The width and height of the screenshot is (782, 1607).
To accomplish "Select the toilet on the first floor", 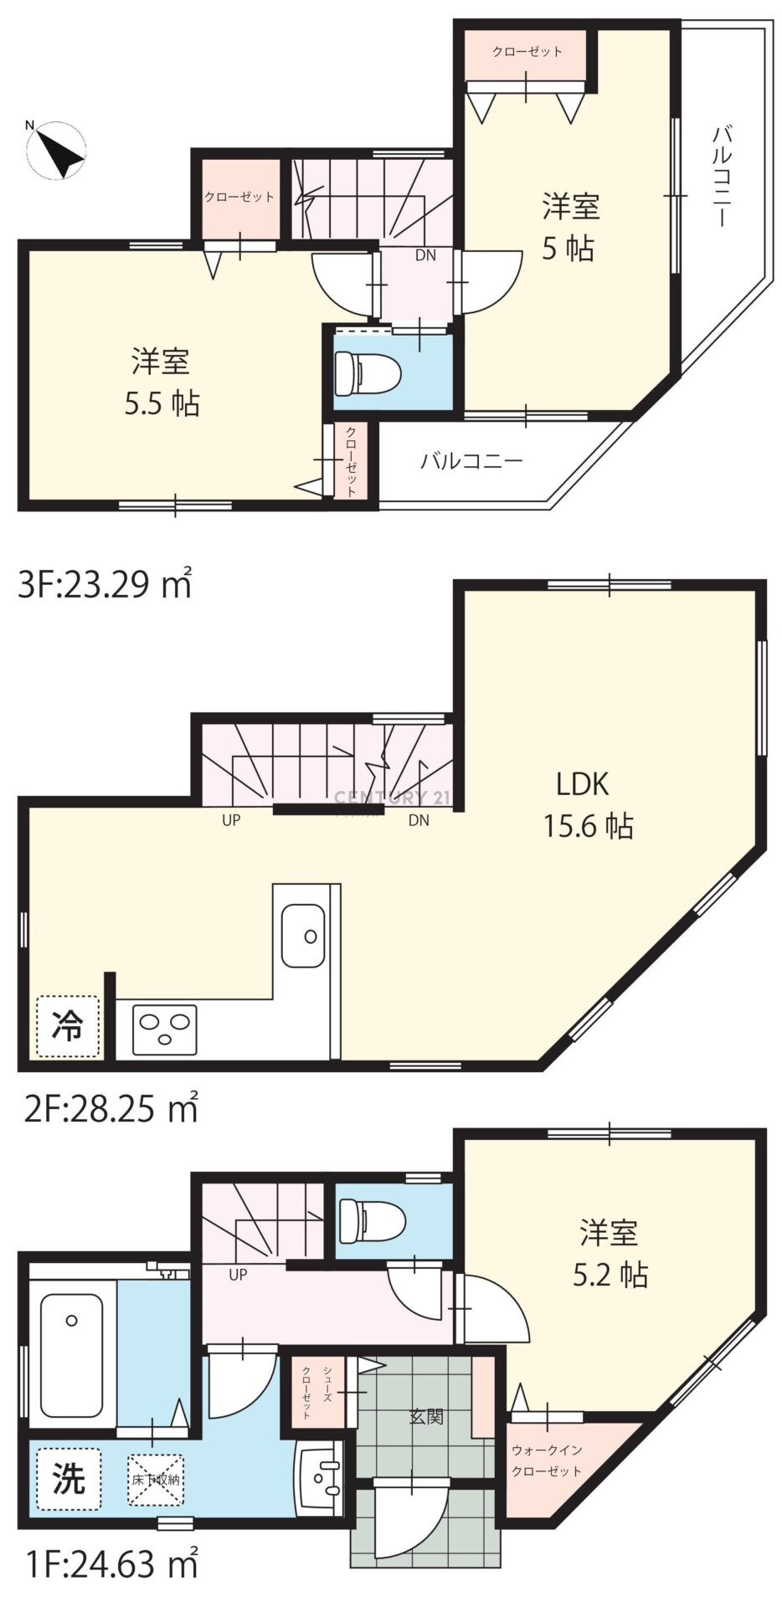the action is [371, 1222].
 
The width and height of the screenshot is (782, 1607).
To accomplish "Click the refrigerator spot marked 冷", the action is [67, 1026].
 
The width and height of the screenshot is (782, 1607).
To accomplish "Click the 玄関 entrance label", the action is [426, 1417].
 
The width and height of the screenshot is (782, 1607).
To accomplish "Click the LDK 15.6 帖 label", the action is [589, 805].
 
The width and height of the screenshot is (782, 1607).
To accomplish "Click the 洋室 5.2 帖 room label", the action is [610, 1254].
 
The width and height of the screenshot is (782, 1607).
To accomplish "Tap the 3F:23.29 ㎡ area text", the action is [105, 583].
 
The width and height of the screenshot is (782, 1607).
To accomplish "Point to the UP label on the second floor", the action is [231, 820].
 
